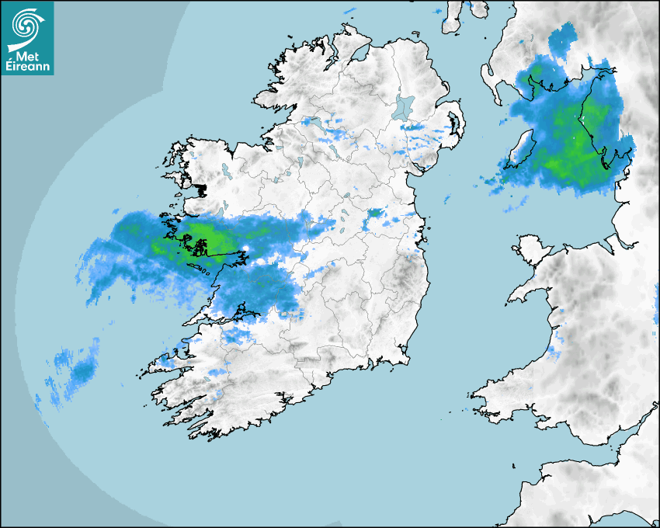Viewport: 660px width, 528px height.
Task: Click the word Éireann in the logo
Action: [29, 68]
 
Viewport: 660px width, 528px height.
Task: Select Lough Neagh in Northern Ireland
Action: [404, 107]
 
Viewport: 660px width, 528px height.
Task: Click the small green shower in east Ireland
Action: [375, 212]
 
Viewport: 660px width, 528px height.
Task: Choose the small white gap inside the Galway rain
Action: [245, 249]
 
